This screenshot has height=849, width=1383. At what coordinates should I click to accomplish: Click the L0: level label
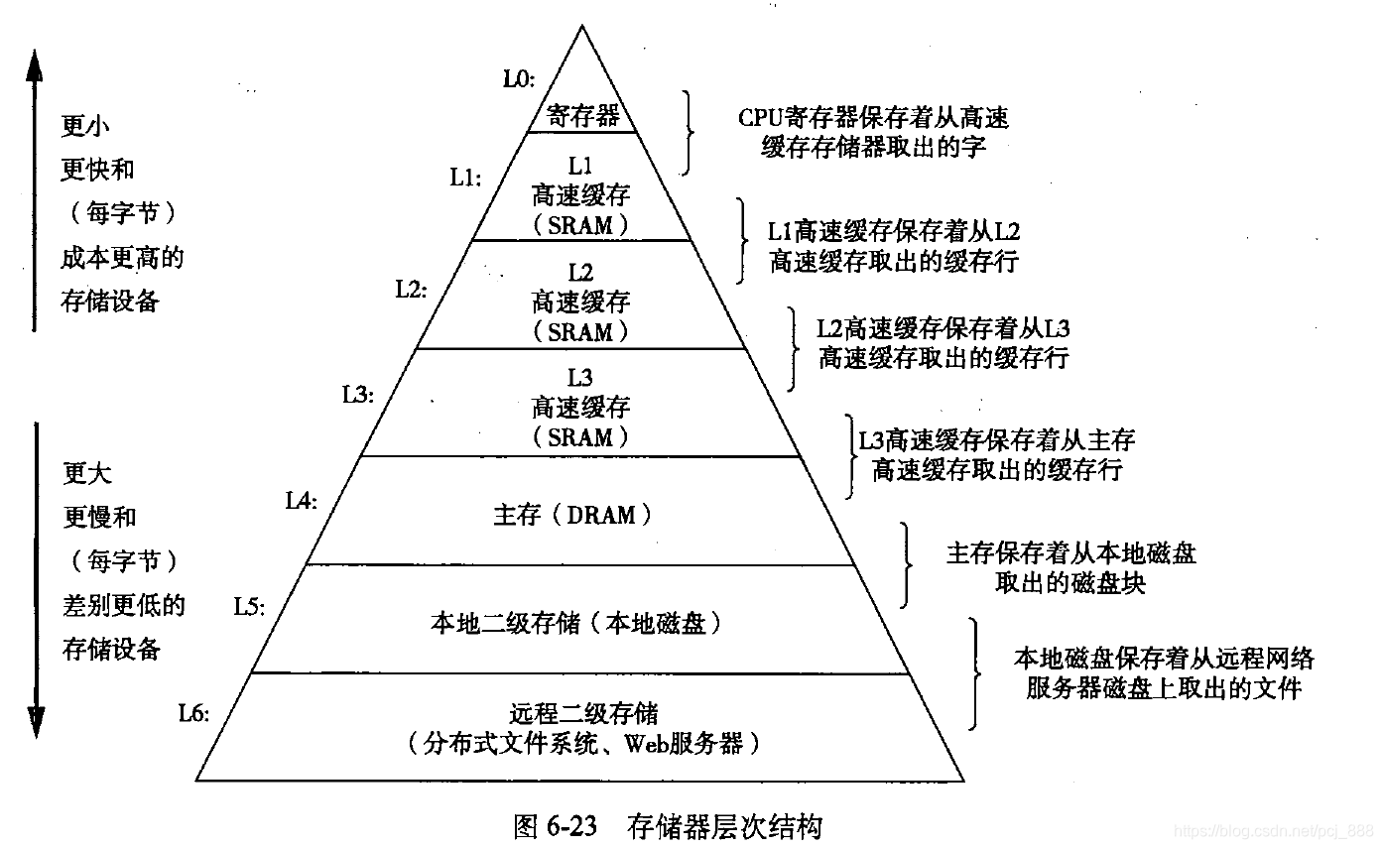click(519, 77)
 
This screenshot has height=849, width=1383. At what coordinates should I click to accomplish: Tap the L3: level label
click(357, 395)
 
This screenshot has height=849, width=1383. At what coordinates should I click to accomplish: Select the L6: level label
click(194, 712)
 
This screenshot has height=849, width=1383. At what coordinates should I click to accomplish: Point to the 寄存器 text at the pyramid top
click(582, 116)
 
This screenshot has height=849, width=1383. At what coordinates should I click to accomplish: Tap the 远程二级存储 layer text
click(584, 713)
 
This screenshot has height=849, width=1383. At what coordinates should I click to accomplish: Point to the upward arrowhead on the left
click(34, 65)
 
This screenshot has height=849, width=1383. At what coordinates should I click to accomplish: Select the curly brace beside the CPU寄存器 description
click(688, 133)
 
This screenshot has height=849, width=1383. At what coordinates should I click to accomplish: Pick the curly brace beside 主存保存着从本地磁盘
click(905, 565)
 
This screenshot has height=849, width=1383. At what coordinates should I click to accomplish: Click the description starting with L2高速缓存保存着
click(943, 343)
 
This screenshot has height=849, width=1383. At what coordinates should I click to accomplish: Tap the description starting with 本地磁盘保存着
click(1163, 672)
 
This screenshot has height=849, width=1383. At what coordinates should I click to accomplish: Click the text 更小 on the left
click(85, 126)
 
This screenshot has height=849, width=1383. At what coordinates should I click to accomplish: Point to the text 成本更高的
click(122, 258)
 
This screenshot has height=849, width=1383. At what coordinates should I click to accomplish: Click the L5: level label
click(249, 605)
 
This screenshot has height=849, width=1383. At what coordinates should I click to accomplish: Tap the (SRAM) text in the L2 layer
click(580, 331)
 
